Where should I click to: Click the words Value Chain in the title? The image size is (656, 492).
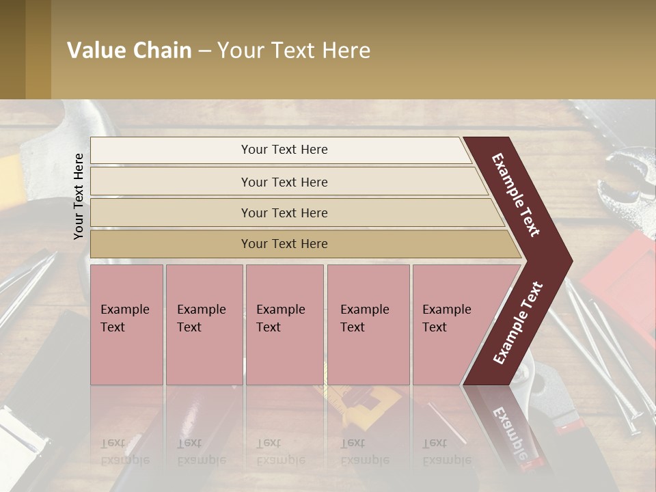129,51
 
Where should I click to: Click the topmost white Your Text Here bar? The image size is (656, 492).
284,150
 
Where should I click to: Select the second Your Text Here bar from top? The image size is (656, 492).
284,182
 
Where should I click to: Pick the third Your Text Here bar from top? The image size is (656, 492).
284,213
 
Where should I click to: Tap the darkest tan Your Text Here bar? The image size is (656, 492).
284,244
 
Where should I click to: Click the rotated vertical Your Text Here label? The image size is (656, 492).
79,197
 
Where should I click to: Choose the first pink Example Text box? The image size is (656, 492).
126,324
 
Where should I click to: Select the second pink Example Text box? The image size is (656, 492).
204,324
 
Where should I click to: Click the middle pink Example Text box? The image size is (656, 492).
284,324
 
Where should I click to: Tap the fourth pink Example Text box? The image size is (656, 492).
368,324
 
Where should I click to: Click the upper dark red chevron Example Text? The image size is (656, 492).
517,195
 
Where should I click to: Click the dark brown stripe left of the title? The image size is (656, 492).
12,49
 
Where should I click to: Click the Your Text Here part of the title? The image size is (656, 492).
294,51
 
